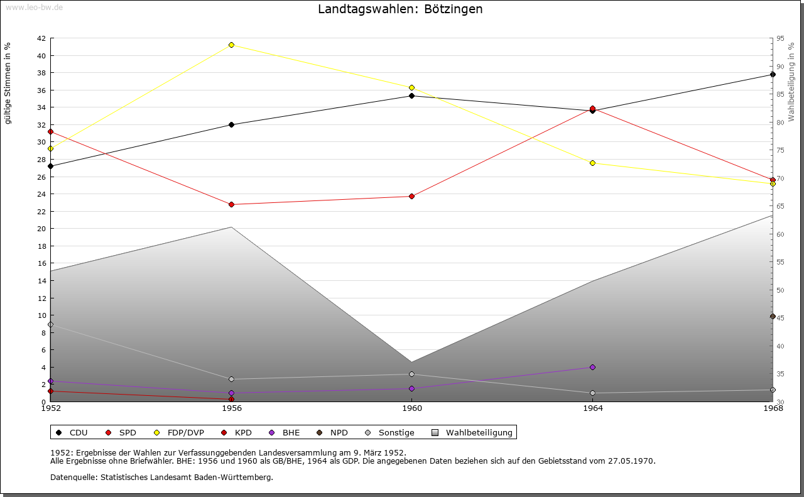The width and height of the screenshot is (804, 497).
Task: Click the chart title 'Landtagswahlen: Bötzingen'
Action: [400, 9]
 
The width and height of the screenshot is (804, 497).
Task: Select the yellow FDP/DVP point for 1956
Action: [231, 45]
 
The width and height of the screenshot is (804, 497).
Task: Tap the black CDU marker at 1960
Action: [411, 96]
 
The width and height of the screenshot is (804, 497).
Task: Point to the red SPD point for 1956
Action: [231, 204]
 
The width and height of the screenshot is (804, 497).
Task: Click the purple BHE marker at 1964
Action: [592, 367]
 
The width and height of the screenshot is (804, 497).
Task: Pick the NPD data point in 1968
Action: [773, 316]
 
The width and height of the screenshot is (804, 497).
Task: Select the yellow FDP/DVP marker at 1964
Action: [592, 163]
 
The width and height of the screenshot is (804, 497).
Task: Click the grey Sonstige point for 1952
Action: [50, 324]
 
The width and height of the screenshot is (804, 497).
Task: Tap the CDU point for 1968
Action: [773, 74]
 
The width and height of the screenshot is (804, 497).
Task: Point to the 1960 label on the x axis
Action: [412, 408]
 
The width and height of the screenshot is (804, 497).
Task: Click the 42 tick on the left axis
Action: [41, 38]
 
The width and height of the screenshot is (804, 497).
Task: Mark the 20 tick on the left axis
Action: [41, 229]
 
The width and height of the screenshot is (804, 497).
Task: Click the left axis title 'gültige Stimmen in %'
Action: [8, 83]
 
